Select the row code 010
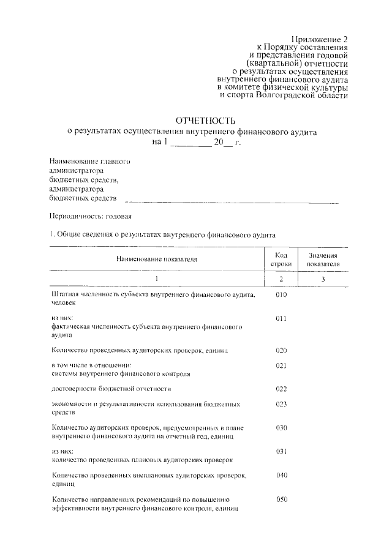tap(281, 295)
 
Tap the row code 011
tap(281, 319)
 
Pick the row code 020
tap(281, 350)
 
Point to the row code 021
tap(281, 365)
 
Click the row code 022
tap(281, 389)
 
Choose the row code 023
tap(281, 404)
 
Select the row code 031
tap(281, 452)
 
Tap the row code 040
tap(281, 475)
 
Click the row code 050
tap(281, 499)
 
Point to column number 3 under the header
tap(323, 279)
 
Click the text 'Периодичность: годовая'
tap(89, 216)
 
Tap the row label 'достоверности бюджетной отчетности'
tap(111, 389)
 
